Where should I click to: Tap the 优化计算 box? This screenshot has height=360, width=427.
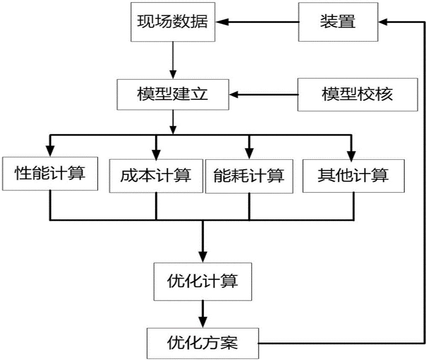pyautogui.click(x=202, y=282)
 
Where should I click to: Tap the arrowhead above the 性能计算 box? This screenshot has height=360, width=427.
pyautogui.click(x=51, y=151)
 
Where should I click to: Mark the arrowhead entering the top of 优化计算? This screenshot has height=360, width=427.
pyautogui.click(x=202, y=259)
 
